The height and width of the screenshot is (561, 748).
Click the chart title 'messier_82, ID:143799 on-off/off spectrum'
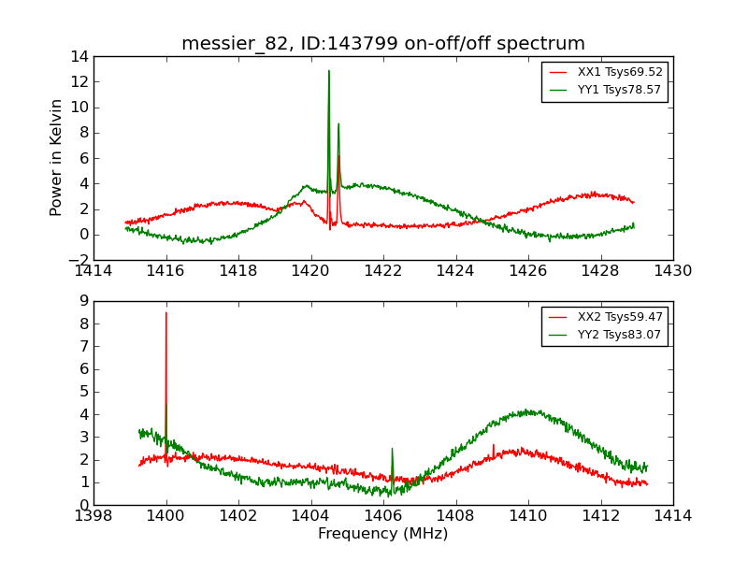click(x=383, y=44)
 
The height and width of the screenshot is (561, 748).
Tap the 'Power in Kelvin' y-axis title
click(x=57, y=157)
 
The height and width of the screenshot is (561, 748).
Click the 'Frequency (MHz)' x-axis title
click(x=383, y=534)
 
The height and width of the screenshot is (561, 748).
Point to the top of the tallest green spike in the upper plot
click(x=329, y=70)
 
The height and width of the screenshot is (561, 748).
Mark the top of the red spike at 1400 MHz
click(x=166, y=312)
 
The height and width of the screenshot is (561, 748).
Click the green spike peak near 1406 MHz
click(x=392, y=449)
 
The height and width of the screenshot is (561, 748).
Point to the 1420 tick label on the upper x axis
click(x=310, y=271)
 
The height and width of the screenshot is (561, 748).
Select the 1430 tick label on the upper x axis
click(x=672, y=271)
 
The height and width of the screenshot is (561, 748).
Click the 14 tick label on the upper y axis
click(x=78, y=57)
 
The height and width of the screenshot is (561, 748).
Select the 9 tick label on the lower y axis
click(x=83, y=302)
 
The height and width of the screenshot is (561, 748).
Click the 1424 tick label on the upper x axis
click(x=455, y=271)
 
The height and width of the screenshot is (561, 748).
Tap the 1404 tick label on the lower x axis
click(x=310, y=516)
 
